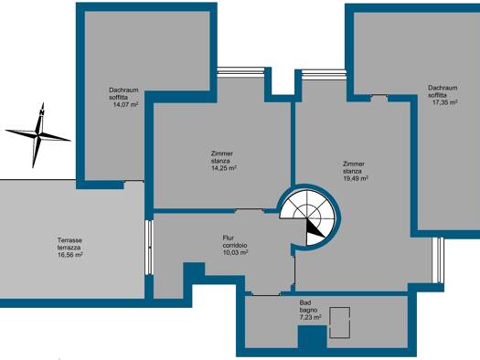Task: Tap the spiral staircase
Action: click(x=307, y=217)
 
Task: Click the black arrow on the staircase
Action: click(x=315, y=228)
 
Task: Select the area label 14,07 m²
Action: click(x=125, y=104)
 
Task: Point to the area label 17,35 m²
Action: click(x=444, y=102)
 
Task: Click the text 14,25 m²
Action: click(x=224, y=168)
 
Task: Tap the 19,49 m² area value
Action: click(x=356, y=178)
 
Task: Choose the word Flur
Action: click(x=228, y=238)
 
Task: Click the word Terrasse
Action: click(x=69, y=240)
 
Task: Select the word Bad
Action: click(x=305, y=302)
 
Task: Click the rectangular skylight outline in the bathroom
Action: click(x=339, y=323)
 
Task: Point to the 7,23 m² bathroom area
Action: click(x=310, y=317)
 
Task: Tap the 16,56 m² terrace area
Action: click(x=70, y=255)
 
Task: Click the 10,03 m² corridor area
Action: click(x=235, y=252)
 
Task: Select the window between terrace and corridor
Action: click(x=149, y=247)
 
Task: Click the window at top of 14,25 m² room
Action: click(x=241, y=70)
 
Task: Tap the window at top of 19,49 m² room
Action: click(x=324, y=73)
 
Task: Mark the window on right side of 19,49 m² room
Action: click(x=439, y=260)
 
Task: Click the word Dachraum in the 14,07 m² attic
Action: click(x=123, y=90)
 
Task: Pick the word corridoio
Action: click(x=235, y=245)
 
